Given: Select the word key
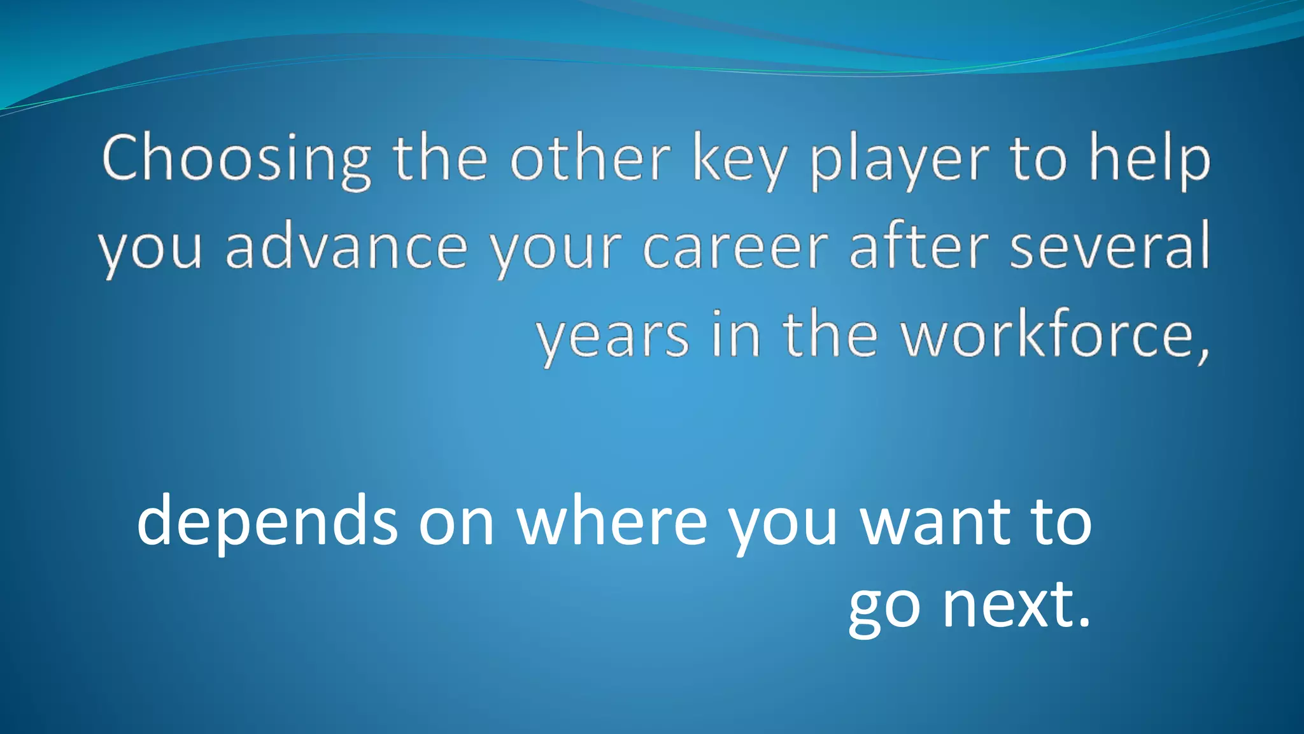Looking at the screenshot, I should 739,161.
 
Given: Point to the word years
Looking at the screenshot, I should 613,336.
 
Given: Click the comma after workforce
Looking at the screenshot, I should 1203,354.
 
